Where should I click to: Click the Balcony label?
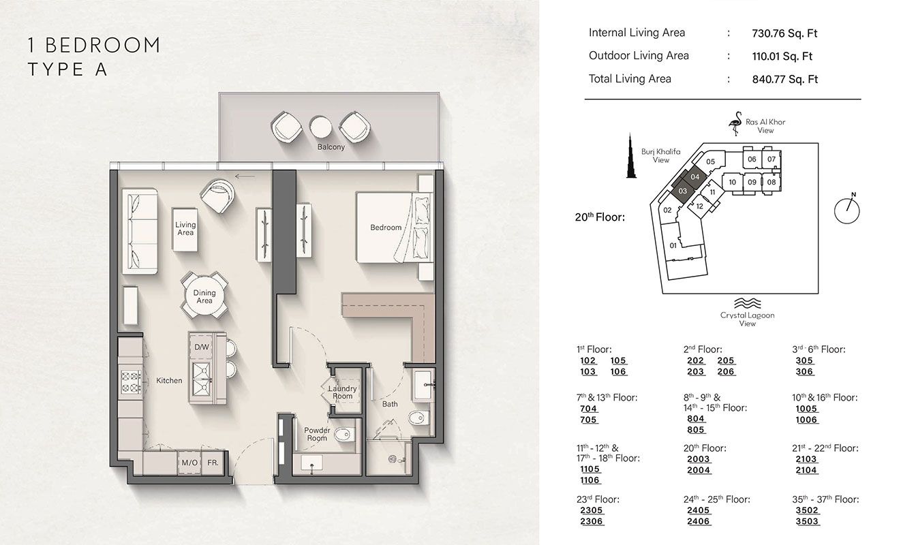[331, 146]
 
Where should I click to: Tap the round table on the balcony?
[320, 126]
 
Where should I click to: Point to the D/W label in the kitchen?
[202, 347]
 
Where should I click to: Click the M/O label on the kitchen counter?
[189, 463]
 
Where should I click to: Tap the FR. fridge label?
[213, 463]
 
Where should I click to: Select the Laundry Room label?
[342, 392]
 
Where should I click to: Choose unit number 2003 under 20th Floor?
[699, 460]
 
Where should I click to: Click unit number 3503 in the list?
[808, 522]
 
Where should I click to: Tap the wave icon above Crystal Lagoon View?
[747, 303]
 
